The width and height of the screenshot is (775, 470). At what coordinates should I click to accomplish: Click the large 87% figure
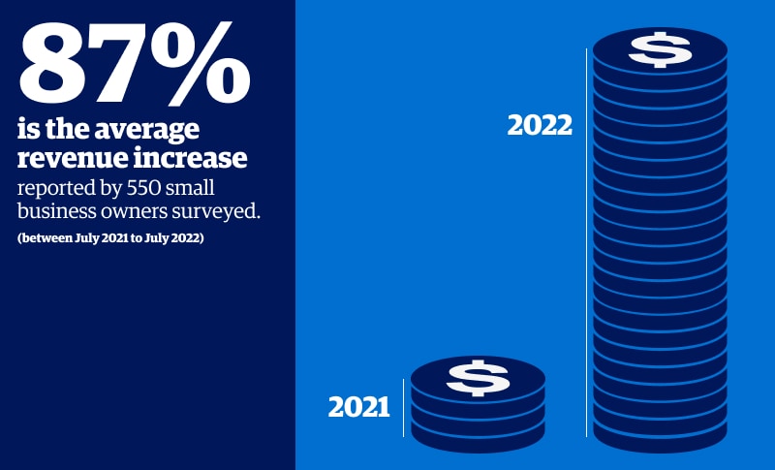[x=135, y=63]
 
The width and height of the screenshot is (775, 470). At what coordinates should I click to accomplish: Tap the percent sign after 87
[x=201, y=63]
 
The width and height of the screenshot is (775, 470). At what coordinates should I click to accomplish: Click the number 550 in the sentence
[x=145, y=188]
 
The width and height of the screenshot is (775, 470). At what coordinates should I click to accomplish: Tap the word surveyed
[x=216, y=211]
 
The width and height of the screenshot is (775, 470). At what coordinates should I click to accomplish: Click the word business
[x=56, y=210]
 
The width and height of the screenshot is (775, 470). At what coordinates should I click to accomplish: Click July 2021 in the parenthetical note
[x=101, y=237]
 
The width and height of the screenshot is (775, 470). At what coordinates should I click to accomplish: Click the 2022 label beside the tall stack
[x=540, y=125]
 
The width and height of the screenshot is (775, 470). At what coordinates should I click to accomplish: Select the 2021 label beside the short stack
[x=359, y=407]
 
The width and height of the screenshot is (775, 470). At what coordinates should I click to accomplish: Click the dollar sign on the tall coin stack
[x=660, y=48]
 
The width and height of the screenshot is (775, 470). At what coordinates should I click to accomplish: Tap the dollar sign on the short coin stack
[x=478, y=378]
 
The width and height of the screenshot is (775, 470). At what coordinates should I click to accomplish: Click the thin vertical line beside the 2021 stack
[x=404, y=408]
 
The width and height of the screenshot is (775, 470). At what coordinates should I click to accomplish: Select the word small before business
[x=191, y=188]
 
